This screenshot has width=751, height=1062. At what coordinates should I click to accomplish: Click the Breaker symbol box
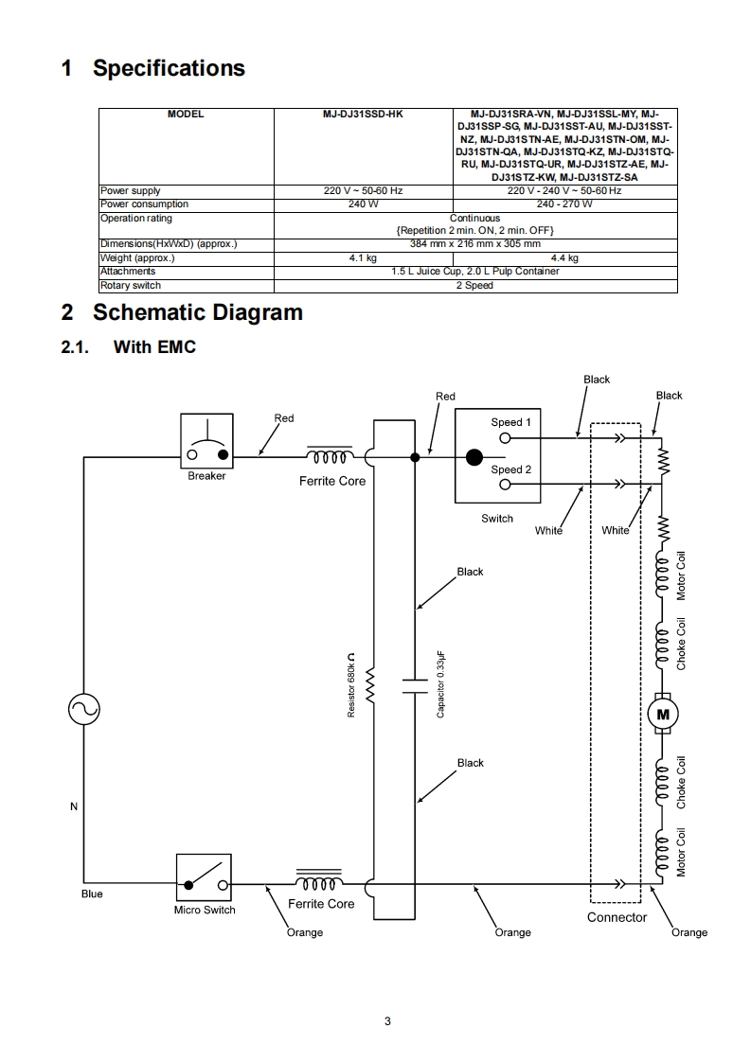coord(206,439)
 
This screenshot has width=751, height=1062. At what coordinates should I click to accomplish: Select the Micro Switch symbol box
coord(204,877)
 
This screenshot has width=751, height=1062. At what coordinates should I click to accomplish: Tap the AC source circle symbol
coord(83,708)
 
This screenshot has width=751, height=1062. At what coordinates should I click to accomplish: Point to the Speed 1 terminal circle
coord(505,438)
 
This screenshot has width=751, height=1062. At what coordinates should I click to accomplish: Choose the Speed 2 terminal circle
coord(505,484)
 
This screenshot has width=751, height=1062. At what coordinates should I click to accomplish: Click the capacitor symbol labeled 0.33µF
coord(416,685)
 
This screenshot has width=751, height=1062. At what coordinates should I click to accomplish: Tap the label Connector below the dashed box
coord(617,917)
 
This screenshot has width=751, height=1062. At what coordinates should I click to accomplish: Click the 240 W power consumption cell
coord(364,204)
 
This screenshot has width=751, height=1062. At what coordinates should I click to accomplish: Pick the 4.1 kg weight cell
coord(364,257)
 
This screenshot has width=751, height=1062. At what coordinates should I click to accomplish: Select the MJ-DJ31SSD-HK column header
coord(364,115)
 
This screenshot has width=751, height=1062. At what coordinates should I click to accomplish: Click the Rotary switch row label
coord(131,285)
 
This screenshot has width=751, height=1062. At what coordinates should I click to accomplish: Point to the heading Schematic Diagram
coord(197,312)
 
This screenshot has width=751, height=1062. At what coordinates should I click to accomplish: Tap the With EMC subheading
coord(154,347)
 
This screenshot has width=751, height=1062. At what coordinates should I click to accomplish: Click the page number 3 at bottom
coord(387,1021)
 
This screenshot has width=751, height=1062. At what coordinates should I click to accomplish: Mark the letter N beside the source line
coord(73,806)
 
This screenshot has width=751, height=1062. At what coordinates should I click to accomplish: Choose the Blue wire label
coord(92,894)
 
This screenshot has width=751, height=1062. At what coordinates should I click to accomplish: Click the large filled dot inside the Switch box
coord(473,460)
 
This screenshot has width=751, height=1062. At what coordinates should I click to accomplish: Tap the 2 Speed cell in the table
coord(474,285)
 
